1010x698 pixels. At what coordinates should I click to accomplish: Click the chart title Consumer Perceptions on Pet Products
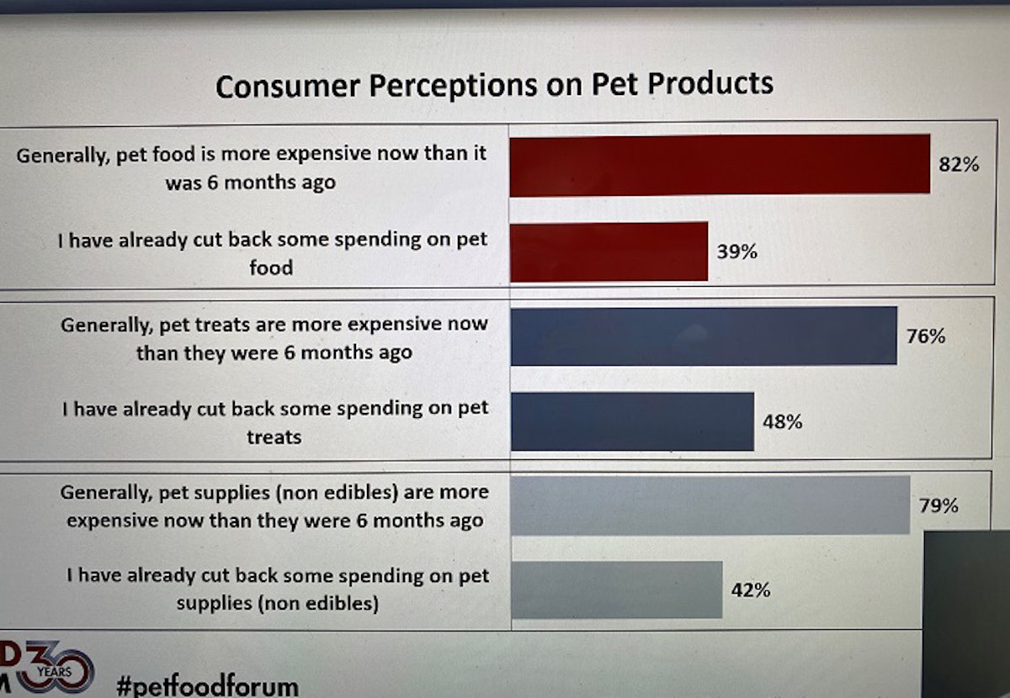[x=494, y=85]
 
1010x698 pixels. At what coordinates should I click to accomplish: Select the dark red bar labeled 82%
[x=720, y=165]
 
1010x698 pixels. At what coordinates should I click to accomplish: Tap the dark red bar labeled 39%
[x=609, y=251]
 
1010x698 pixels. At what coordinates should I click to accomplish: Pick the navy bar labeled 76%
[x=704, y=336]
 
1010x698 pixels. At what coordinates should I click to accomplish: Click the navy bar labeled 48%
[x=632, y=421]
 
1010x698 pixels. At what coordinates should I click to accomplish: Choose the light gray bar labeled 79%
[x=710, y=505]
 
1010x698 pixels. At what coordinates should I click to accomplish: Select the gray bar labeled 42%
[x=616, y=590]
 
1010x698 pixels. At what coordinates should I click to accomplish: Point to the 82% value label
[x=959, y=165]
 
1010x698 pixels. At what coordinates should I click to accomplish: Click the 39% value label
[x=737, y=251]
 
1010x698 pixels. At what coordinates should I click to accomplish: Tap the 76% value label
[x=926, y=336]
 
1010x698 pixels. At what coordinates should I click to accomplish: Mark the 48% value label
[x=782, y=421]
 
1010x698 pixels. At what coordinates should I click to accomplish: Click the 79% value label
[x=938, y=505]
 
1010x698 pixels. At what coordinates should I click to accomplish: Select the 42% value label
[x=750, y=590]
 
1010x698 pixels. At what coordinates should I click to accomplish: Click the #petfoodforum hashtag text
[x=207, y=685]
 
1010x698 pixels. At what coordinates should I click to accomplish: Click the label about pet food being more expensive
[x=251, y=168]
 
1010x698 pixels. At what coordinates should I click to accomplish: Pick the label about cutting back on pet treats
[x=275, y=422]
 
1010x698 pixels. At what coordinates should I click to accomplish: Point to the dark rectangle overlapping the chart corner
[x=966, y=614]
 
